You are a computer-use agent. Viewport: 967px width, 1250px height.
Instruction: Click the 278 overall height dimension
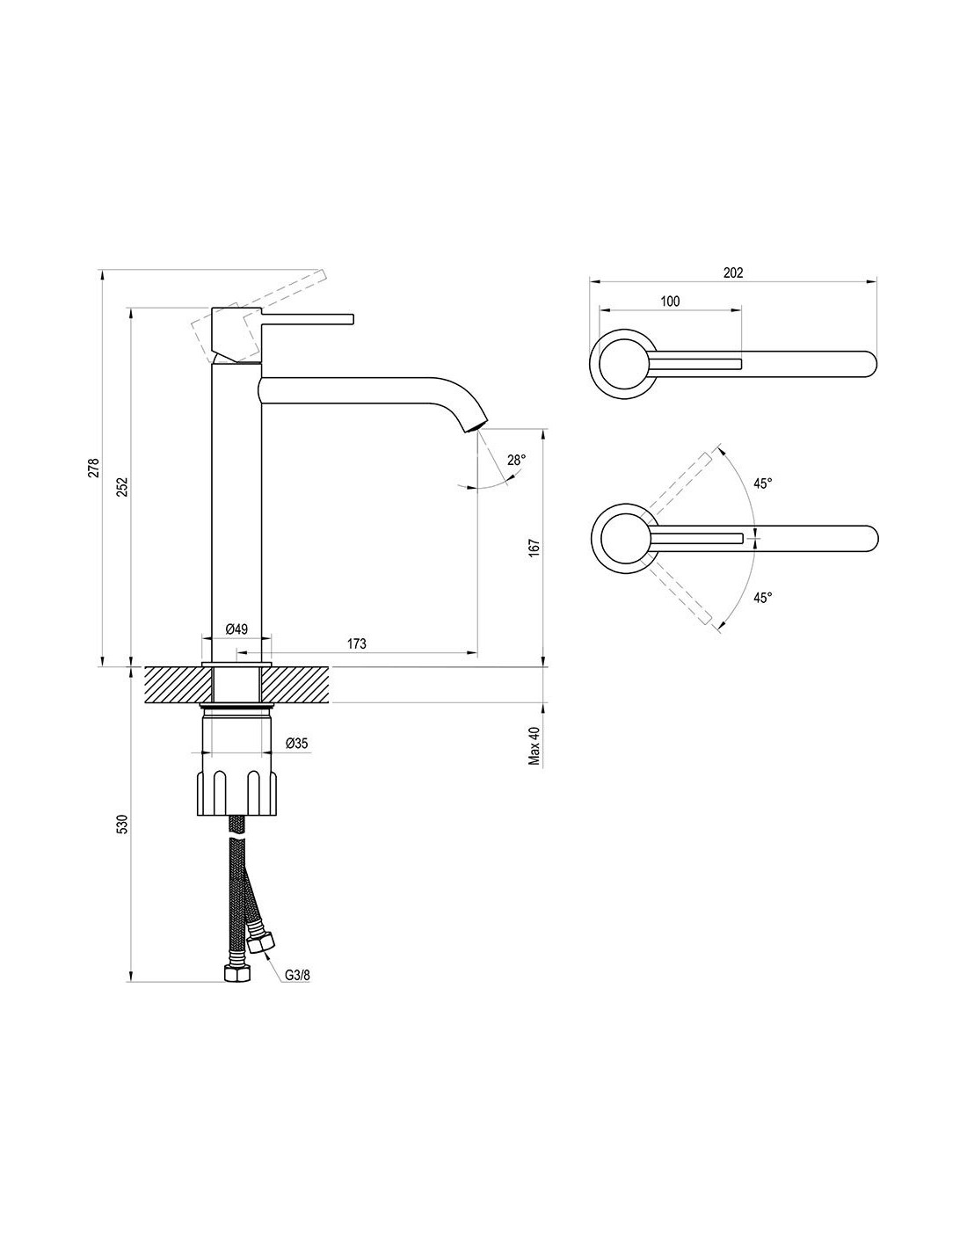[95, 467]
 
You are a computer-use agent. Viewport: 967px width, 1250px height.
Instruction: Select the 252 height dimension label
[125, 486]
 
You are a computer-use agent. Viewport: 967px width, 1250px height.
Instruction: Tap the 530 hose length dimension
[125, 824]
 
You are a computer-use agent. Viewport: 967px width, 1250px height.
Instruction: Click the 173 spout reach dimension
[357, 643]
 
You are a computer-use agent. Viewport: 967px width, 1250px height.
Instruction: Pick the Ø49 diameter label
[236, 629]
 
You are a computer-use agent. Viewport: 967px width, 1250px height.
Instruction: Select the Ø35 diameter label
[297, 743]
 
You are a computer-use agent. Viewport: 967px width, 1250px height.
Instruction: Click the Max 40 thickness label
[535, 745]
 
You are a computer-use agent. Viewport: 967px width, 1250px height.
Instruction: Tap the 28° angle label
[516, 461]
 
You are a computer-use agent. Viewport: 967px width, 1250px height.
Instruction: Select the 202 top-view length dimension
[733, 273]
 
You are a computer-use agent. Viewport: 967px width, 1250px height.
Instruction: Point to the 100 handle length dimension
[670, 301]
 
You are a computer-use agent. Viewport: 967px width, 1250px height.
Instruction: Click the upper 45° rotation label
[762, 483]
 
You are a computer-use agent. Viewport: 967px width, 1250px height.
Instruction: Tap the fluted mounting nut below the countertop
[237, 793]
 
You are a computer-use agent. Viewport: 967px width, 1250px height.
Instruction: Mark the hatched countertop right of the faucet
[297, 685]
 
